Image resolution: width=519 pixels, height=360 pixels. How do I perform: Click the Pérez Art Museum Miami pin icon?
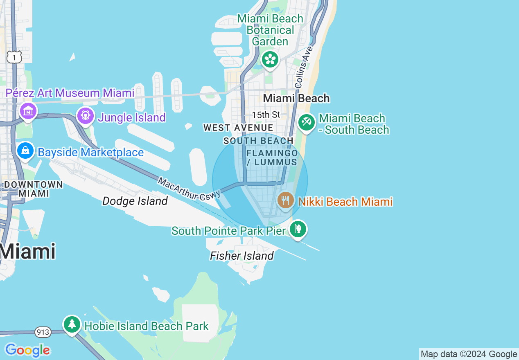[x=27, y=110]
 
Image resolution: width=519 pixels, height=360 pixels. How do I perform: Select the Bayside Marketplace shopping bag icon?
[x=25, y=151]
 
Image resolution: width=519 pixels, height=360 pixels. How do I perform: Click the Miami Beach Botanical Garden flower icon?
[x=270, y=59]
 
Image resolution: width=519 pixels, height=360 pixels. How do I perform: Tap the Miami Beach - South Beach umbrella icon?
[x=306, y=122]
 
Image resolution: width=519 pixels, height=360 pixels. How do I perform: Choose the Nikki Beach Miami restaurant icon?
[x=286, y=200]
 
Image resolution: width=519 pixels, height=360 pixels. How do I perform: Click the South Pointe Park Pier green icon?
[x=298, y=229]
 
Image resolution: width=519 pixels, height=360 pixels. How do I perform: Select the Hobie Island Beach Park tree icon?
[x=72, y=324]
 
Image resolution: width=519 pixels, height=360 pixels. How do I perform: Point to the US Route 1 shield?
[x=14, y=57]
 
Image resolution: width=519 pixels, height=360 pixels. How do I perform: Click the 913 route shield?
[x=43, y=332]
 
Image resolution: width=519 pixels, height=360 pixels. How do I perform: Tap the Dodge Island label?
[x=135, y=201]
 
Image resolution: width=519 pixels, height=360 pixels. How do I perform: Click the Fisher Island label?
[x=241, y=256]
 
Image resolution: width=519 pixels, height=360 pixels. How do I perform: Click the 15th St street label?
[x=266, y=115]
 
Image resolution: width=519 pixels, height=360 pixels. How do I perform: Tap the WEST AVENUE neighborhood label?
[x=238, y=128]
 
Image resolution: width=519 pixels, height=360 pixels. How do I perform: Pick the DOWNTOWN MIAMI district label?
[x=33, y=189]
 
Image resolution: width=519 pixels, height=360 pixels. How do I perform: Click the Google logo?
[x=27, y=351]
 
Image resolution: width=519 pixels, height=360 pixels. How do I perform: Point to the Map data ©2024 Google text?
[x=469, y=354]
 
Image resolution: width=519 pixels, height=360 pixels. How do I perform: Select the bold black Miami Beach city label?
[x=296, y=98]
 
